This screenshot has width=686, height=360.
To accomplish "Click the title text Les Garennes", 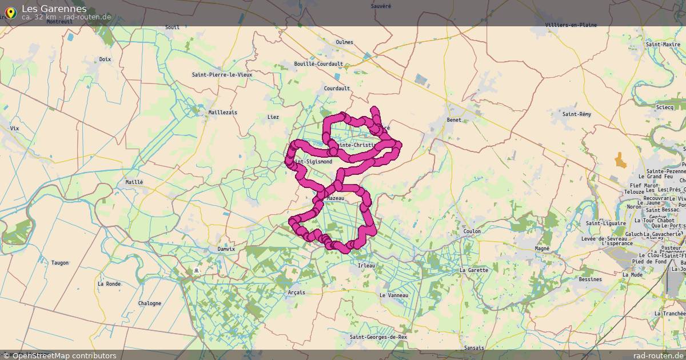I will tap(54, 9).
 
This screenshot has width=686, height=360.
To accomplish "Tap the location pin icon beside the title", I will tap(10, 12).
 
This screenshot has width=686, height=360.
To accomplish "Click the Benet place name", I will tap(454, 120).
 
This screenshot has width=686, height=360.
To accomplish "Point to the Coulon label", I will tap(472, 231).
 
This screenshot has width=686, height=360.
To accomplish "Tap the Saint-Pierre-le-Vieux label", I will tap(222, 74).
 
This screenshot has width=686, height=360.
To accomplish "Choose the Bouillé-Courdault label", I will tap(318, 64).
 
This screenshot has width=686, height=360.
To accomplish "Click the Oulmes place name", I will tap(345, 42).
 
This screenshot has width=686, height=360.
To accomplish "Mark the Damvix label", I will tap(226, 249).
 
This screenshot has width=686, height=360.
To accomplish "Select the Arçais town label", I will tap(297, 293).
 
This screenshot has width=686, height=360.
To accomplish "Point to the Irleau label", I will tap(366, 266).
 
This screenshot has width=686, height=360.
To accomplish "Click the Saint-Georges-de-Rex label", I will tap(379, 337).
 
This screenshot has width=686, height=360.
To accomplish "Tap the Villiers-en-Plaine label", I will tap(571, 25).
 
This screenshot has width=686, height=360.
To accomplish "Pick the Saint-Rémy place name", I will tap(577, 114).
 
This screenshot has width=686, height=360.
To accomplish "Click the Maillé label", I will tap(134, 182).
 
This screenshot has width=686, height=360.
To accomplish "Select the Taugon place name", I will tap(60, 263).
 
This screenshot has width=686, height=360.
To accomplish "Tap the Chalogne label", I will tap(150, 303).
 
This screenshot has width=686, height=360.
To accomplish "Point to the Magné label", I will tap(541, 249).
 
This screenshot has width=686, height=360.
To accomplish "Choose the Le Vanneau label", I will tap(394, 295).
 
